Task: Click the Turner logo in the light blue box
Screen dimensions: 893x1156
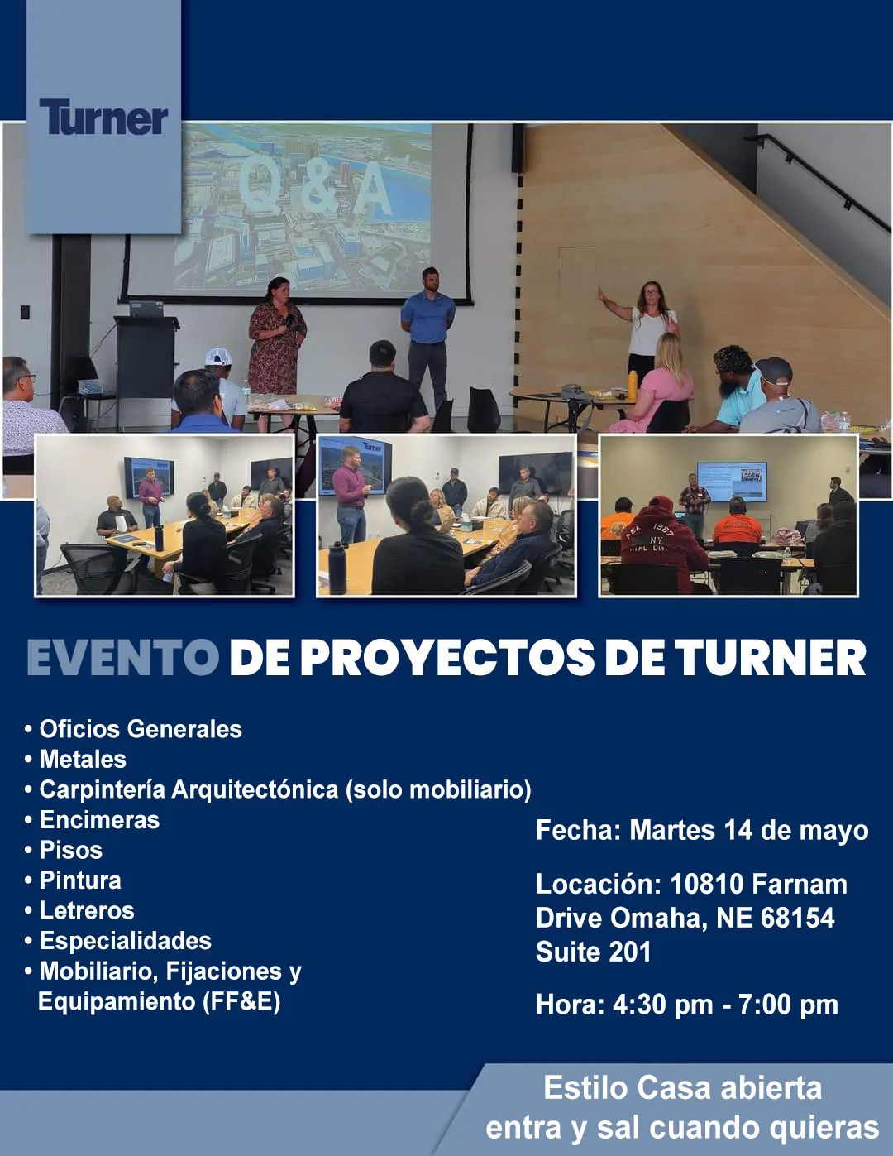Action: pyautogui.click(x=103, y=117)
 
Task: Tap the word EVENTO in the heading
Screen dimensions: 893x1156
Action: pyautogui.click(x=122, y=658)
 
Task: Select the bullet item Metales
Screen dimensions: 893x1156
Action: pyautogui.click(x=83, y=759)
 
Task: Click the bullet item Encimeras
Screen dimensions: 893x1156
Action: pyautogui.click(x=99, y=820)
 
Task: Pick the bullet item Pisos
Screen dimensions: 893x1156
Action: pyautogui.click(x=71, y=850)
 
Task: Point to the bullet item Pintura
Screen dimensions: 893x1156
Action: pyautogui.click(x=80, y=880)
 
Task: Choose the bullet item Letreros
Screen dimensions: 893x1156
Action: pyautogui.click(x=87, y=910)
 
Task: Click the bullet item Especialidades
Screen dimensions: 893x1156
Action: pyautogui.click(x=126, y=941)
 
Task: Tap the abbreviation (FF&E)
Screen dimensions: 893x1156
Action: pyautogui.click(x=241, y=1002)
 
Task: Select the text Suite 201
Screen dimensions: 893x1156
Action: pyautogui.click(x=593, y=952)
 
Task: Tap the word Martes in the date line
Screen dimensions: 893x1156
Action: pyautogui.click(x=672, y=830)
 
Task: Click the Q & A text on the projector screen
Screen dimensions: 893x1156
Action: pyautogui.click(x=315, y=187)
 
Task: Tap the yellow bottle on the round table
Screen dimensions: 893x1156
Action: pyautogui.click(x=633, y=384)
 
